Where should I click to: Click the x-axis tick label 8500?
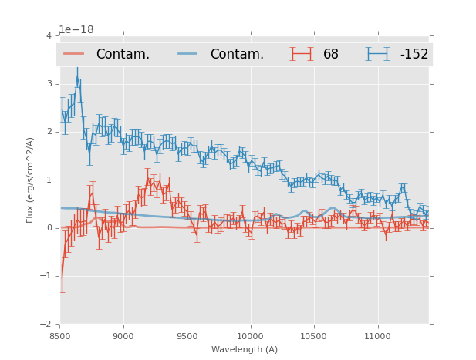60,335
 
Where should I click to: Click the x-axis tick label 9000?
123,335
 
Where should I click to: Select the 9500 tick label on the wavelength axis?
187,335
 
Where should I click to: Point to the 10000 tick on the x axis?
251,335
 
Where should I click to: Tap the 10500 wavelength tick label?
314,335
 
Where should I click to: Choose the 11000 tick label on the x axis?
378,335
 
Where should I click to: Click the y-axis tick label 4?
49,35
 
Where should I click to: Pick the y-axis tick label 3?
49,83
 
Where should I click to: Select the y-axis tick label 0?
49,227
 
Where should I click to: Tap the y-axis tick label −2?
46,324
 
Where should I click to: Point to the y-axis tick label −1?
46,276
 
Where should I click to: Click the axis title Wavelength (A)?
245,349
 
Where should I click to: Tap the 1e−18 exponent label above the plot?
76,29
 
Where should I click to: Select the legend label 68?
331,55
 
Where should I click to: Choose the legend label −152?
414,55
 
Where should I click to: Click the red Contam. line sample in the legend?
74,54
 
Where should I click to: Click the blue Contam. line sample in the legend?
188,54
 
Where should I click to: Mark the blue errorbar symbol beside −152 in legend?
378,54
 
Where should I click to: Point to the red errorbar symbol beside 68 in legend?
302,54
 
